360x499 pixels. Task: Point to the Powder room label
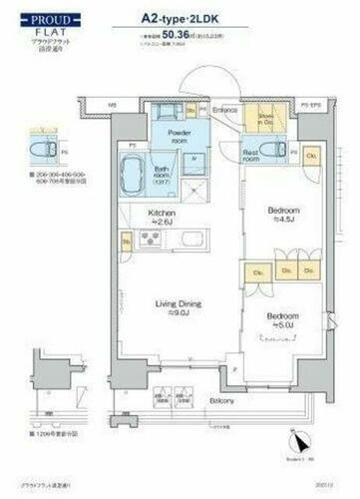tap(179, 136)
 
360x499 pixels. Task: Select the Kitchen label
tap(164, 217)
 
